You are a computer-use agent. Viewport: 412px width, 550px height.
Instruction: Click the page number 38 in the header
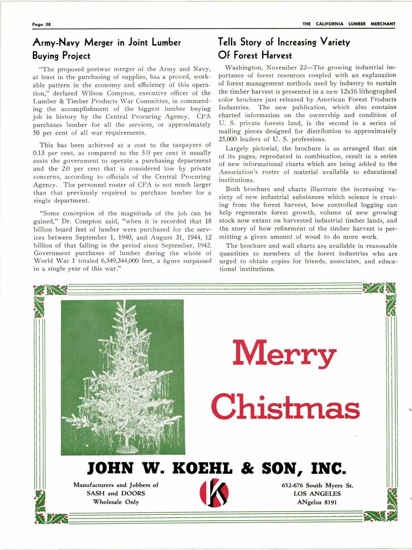[48, 24]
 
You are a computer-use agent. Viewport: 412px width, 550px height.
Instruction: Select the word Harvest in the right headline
[277, 55]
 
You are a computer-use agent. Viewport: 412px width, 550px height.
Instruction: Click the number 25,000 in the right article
[228, 139]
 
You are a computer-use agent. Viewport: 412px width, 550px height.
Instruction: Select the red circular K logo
[214, 494]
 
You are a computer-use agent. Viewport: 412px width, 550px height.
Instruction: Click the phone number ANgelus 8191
[317, 502]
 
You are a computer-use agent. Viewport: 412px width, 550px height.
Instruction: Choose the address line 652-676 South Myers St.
[317, 485]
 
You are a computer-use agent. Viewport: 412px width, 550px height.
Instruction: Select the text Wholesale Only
[116, 502]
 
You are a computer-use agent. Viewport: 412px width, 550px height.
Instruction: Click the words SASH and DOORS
[116, 493]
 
